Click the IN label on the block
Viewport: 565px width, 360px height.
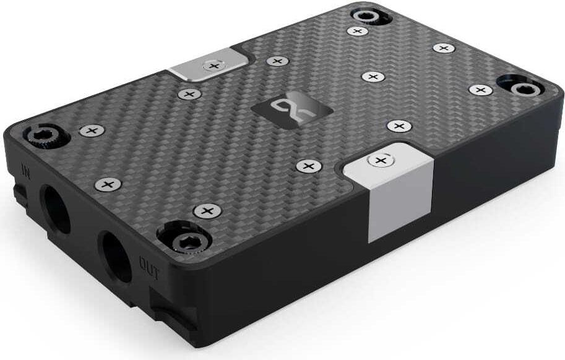pos(26,168)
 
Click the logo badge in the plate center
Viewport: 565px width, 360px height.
pos(291,109)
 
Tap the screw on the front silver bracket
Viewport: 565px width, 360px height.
pos(380,161)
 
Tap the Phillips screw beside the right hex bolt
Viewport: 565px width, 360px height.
pos(481,90)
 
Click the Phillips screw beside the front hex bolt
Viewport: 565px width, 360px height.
pos(207,211)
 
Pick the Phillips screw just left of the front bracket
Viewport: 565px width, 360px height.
pos(308,166)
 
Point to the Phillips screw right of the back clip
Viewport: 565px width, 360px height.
pos(278,61)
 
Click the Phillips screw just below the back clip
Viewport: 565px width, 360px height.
pos(189,94)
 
